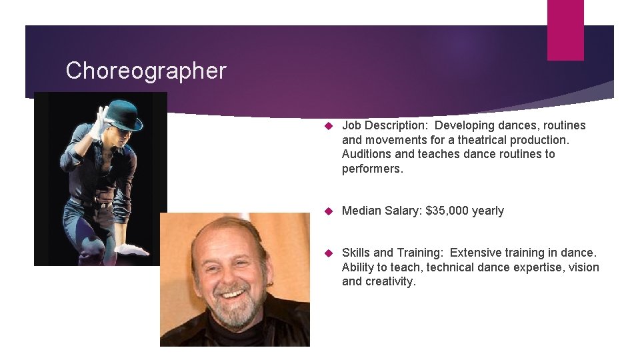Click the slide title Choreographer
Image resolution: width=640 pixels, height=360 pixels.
pyautogui.click(x=146, y=71)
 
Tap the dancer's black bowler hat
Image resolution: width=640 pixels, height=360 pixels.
pyautogui.click(x=124, y=115)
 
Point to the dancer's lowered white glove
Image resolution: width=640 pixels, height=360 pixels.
pyautogui.click(x=132, y=250)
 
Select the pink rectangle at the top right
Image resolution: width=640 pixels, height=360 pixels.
pyautogui.click(x=565, y=30)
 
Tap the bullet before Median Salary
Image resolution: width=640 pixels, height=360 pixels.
pyautogui.click(x=327, y=211)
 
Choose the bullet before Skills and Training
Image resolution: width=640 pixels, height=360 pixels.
pyautogui.click(x=327, y=253)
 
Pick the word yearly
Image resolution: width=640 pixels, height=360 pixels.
pyautogui.click(x=487, y=211)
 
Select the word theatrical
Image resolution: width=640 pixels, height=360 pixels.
pyautogui.click(x=475, y=140)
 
